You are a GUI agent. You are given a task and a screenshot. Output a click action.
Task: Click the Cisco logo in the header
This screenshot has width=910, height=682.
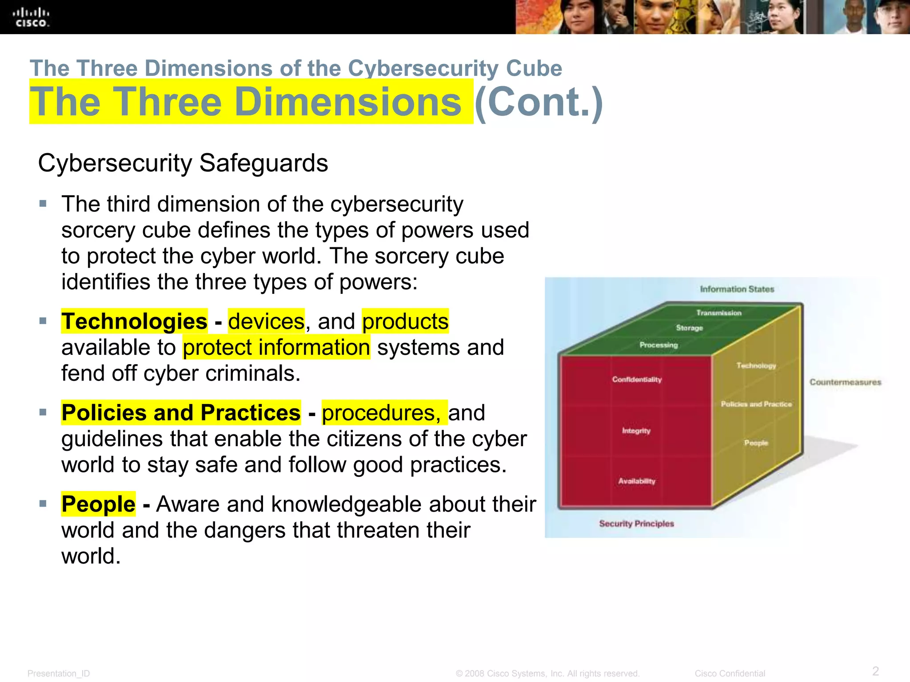pos(31,17)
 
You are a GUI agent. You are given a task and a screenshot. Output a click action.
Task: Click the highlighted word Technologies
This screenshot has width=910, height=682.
pos(134,321)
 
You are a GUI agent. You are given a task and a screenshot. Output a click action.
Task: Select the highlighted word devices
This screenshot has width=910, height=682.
pos(266,321)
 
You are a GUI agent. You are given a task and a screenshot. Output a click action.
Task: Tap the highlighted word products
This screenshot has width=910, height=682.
pos(405,321)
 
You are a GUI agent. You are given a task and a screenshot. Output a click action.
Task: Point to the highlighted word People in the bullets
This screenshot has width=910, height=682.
pos(98,504)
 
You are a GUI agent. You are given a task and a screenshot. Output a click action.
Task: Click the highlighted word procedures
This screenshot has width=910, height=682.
pos(381,413)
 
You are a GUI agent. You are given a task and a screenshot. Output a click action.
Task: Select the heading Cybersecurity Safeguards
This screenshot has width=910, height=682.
pos(183,163)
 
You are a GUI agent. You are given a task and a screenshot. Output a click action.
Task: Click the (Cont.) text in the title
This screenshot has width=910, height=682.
pos(539,102)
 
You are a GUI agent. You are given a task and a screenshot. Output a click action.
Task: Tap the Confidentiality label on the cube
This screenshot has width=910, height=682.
pos(637,380)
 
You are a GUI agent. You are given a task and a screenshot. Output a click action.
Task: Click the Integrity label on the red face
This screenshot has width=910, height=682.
pos(636,431)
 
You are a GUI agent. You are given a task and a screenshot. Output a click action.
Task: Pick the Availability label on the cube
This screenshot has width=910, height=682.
pos(637,481)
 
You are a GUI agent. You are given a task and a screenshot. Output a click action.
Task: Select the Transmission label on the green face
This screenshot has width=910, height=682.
pos(718,313)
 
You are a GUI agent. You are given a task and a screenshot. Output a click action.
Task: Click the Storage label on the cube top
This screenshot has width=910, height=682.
pos(689,328)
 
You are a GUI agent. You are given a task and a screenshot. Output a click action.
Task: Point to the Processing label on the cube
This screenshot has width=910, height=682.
pos(659,345)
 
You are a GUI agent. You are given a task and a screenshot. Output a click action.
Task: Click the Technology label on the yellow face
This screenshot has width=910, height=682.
pos(756,365)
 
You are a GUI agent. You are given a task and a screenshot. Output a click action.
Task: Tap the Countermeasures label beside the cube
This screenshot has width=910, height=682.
pos(845,382)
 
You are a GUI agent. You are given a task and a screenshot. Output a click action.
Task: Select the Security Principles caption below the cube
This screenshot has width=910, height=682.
pos(636,523)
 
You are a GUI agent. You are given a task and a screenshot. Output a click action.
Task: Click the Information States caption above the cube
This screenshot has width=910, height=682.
pos(737,289)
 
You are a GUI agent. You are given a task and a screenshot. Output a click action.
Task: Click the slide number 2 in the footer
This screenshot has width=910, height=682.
pos(875,670)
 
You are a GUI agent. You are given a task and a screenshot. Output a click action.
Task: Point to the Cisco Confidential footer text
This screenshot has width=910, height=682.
pos(730,674)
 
